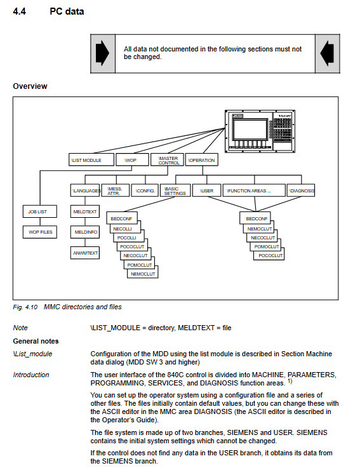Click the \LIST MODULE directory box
[x=91, y=159]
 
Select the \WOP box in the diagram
[x=132, y=159]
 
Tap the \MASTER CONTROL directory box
[x=167, y=159]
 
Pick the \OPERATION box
[x=202, y=159]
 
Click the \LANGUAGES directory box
[x=85, y=191]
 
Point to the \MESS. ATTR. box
[x=116, y=191]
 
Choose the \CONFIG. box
[x=145, y=191]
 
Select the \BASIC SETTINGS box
[x=175, y=191]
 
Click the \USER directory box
[x=206, y=191]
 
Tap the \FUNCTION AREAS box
[x=254, y=191]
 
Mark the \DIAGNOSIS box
[x=301, y=191]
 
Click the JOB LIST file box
[x=40, y=211]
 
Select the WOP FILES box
[x=40, y=232]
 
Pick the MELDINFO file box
[x=85, y=232]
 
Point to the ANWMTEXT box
[x=85, y=253]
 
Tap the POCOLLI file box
[x=129, y=237]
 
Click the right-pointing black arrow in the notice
[x=102, y=53]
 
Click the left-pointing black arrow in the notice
[x=327, y=53]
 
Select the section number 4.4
[x=20, y=11]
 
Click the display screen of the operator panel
[x=250, y=129]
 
